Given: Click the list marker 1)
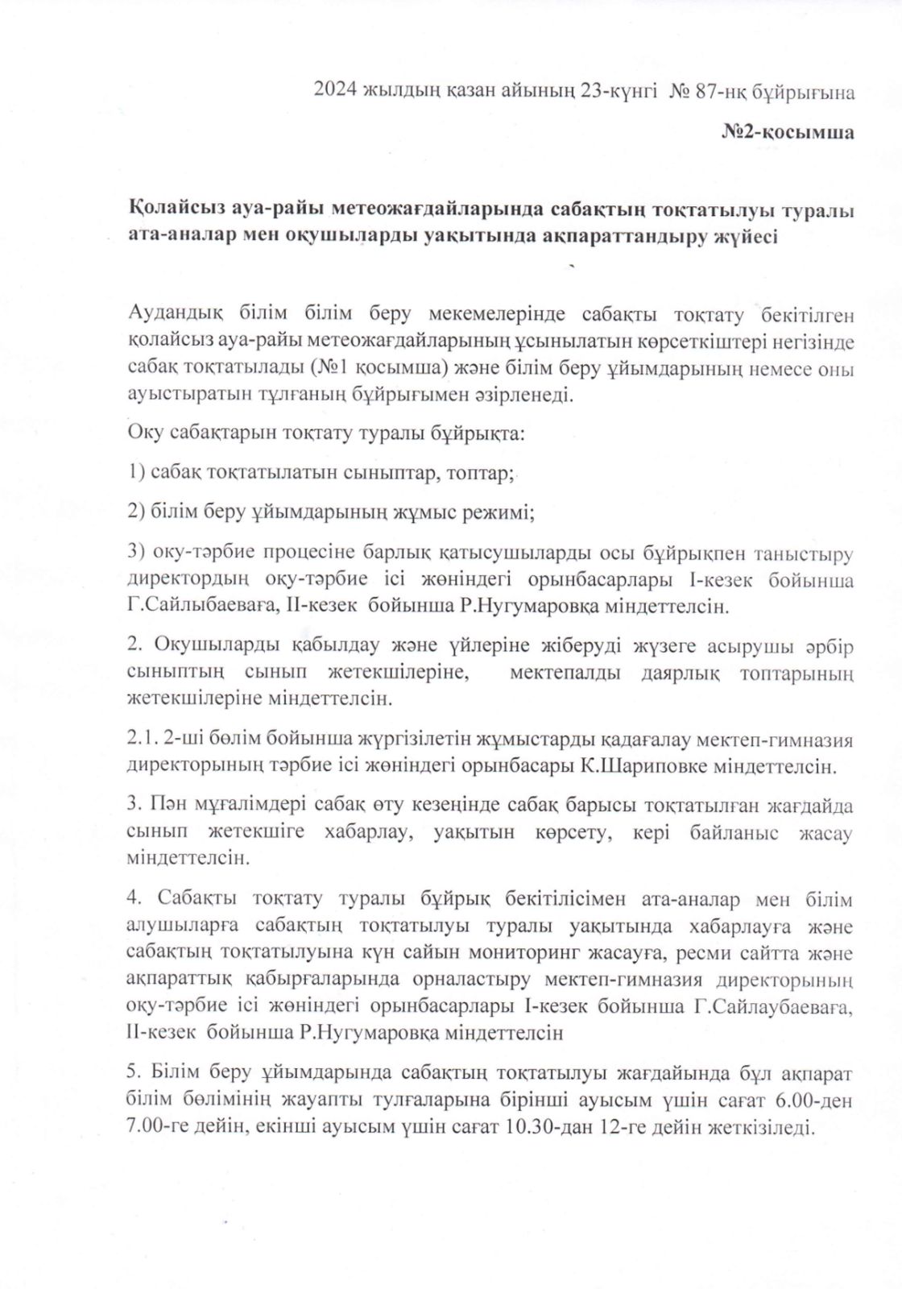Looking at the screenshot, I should coord(136,472).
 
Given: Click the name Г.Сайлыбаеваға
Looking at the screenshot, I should coord(200,606).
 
